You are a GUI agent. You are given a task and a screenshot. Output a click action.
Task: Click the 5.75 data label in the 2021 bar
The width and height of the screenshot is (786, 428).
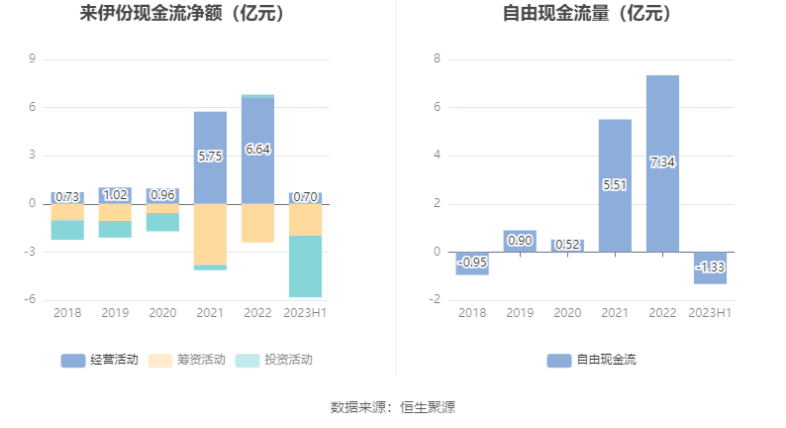tap(210, 157)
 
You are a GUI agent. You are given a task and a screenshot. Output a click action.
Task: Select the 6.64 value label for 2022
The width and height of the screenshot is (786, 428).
tap(257, 150)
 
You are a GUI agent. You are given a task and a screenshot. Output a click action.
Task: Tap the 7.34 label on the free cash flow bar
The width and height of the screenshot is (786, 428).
tap(662, 162)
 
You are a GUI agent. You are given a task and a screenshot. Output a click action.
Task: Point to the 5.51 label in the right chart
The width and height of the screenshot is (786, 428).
tap(615, 184)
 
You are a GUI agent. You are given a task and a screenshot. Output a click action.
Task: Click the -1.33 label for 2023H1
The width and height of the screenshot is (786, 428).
tap(710, 267)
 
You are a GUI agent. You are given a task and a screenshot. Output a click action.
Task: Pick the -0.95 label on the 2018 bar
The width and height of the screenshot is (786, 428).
tap(472, 263)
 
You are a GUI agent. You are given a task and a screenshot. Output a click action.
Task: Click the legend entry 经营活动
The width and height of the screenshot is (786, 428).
tap(99, 360)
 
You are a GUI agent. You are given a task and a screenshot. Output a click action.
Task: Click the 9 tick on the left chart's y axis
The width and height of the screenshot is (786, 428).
tap(33, 59)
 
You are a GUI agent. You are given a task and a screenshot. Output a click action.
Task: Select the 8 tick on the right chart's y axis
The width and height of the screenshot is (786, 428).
tap(437, 59)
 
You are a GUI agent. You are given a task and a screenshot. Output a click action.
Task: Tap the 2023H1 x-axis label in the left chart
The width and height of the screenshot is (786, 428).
tap(305, 313)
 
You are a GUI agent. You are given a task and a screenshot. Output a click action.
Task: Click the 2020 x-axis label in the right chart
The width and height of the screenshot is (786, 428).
tap(567, 313)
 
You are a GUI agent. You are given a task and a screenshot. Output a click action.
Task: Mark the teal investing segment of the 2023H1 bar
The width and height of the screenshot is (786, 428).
tap(305, 266)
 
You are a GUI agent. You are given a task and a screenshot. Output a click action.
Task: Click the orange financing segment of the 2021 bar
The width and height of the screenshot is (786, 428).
tap(210, 234)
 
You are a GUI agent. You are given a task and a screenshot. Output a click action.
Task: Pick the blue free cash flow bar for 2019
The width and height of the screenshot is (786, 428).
tap(520, 241)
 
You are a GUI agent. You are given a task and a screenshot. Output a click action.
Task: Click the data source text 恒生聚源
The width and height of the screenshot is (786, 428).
tap(428, 407)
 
